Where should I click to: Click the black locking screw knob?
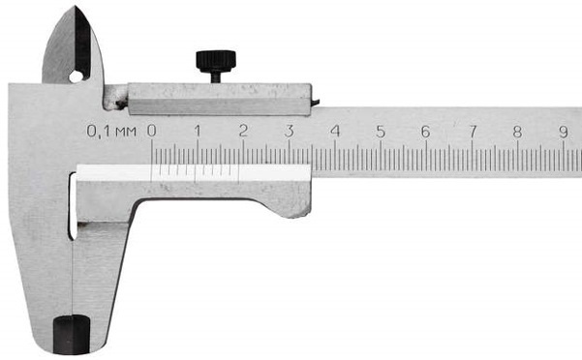click(x=216, y=61)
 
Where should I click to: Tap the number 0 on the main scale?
click(x=151, y=131)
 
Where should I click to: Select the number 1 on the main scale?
click(x=198, y=131)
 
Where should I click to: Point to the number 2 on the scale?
click(x=243, y=131)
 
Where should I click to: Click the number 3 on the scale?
click(x=290, y=131)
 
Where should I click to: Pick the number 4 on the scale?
click(x=335, y=131)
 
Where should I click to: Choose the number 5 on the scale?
click(x=381, y=132)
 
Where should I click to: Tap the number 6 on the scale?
click(x=426, y=132)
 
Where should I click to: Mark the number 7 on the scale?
click(x=473, y=132)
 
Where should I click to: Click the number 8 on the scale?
click(x=517, y=132)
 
